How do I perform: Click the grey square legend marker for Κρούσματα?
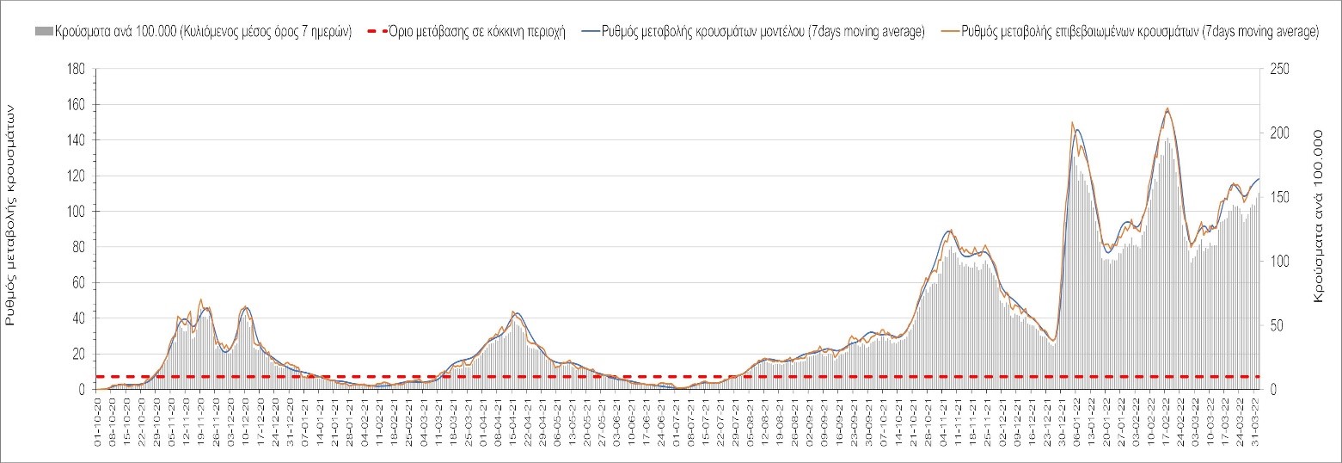(43, 32)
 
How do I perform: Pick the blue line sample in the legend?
(595, 32)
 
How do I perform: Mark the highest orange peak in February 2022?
(1167, 108)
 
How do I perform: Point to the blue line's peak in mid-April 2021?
(516, 313)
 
